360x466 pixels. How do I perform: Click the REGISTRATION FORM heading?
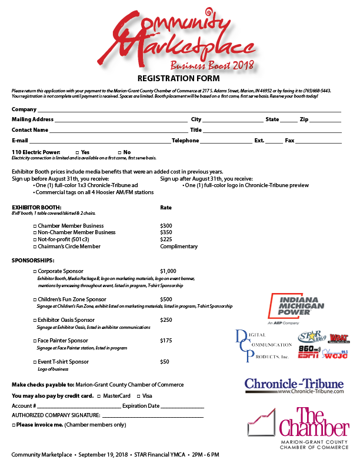[178, 78]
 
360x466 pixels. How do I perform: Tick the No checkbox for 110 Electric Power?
[119, 152]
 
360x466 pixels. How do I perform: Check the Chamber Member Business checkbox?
[35, 226]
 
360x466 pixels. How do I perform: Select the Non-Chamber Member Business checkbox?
[35, 232]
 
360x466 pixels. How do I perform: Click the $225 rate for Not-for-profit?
[166, 239]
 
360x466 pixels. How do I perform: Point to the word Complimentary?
[179, 247]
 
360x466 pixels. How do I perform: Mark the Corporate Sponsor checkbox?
[35, 271]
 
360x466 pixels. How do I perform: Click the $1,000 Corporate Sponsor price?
[168, 271]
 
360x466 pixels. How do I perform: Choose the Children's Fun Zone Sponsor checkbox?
[35, 299]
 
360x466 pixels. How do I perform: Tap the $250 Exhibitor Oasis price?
[166, 320]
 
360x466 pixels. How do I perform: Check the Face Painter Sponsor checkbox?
[35, 341]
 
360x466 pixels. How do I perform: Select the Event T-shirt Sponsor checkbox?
[35, 362]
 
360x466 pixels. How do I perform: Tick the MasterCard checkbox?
[98, 396]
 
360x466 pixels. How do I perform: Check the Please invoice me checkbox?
[14, 424]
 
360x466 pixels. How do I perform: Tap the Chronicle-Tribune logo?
[294, 385]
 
